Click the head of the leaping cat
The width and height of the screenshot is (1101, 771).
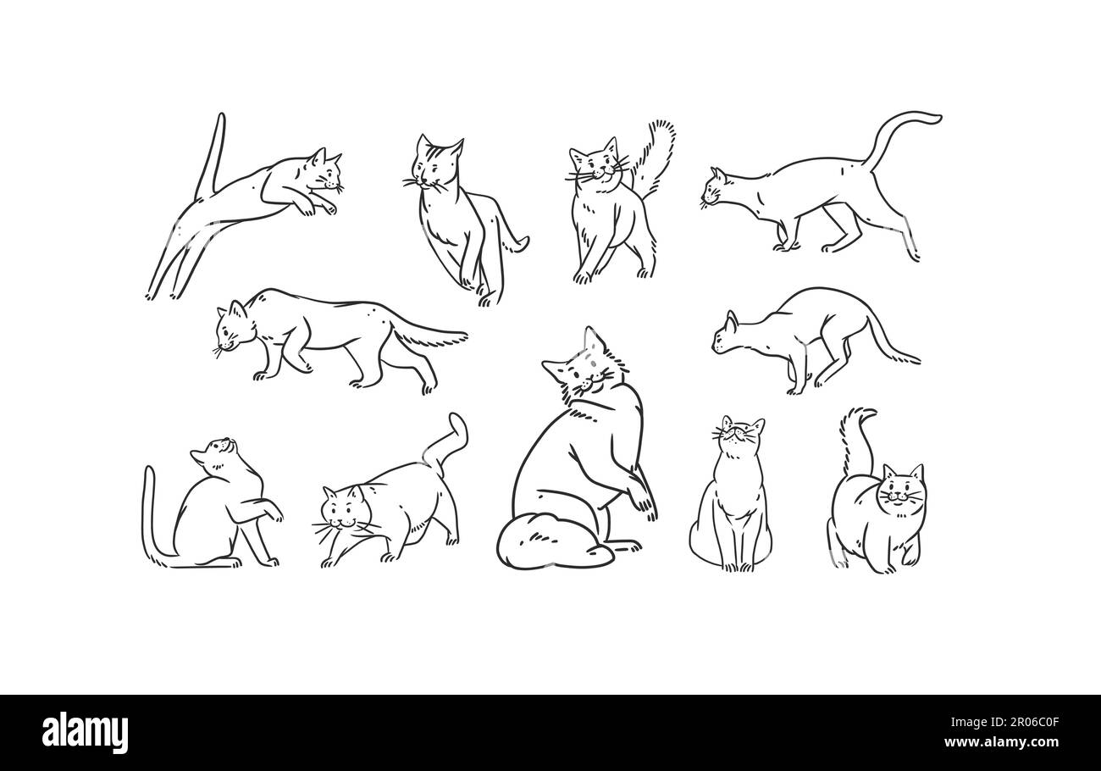[x=324, y=173]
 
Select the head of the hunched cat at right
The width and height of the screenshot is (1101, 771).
[x=728, y=334]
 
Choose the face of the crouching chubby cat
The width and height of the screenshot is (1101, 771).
[x=342, y=512]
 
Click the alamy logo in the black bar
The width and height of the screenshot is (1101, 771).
[x=86, y=733]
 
